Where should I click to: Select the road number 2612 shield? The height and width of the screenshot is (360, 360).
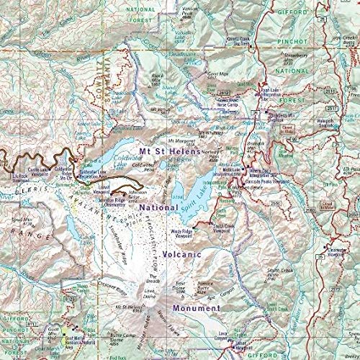pyautogui.click(x=225, y=93)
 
